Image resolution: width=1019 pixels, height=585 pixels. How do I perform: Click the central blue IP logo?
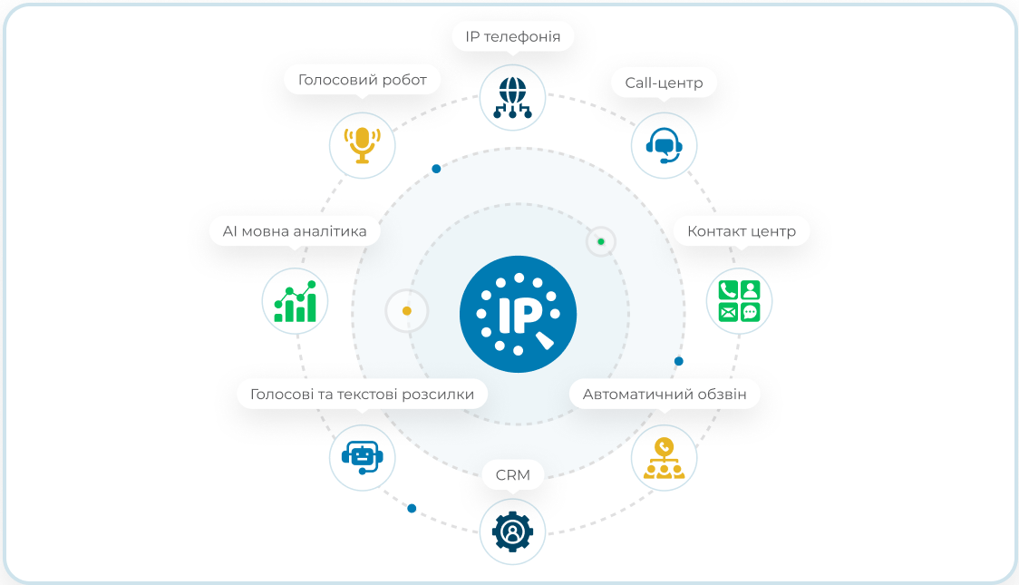click(x=518, y=314)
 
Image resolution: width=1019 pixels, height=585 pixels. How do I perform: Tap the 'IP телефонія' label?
click(x=513, y=37)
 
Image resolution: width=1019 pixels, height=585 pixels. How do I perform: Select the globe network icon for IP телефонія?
click(x=512, y=98)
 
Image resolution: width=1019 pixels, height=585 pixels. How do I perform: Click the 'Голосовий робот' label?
click(x=362, y=80)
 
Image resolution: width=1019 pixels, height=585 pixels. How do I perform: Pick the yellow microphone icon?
click(x=362, y=145)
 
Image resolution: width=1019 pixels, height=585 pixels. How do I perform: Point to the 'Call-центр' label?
click(x=664, y=83)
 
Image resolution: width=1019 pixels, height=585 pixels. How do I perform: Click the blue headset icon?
click(x=664, y=145)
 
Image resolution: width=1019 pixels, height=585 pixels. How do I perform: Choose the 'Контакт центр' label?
click(x=742, y=231)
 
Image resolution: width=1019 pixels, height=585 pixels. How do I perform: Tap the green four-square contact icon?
click(x=739, y=301)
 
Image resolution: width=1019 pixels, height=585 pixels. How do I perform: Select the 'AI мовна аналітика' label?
click(x=295, y=231)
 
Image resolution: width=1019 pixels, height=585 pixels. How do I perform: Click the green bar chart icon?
click(x=295, y=302)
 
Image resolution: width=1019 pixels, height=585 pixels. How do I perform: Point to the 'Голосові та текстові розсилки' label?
click(x=362, y=395)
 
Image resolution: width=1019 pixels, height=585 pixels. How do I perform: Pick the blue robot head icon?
click(x=362, y=458)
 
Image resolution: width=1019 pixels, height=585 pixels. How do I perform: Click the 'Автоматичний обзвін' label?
click(x=665, y=395)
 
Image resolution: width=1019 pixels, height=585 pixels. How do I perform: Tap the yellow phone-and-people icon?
click(x=664, y=458)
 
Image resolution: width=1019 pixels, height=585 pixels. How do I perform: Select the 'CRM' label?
click(x=513, y=475)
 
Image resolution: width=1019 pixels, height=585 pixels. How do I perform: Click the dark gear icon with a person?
click(x=512, y=531)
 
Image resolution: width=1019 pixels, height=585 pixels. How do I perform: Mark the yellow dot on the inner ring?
click(x=407, y=311)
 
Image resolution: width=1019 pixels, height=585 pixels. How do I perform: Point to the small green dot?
click(x=601, y=242)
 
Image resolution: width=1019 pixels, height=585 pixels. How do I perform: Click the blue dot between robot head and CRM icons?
click(x=412, y=508)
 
